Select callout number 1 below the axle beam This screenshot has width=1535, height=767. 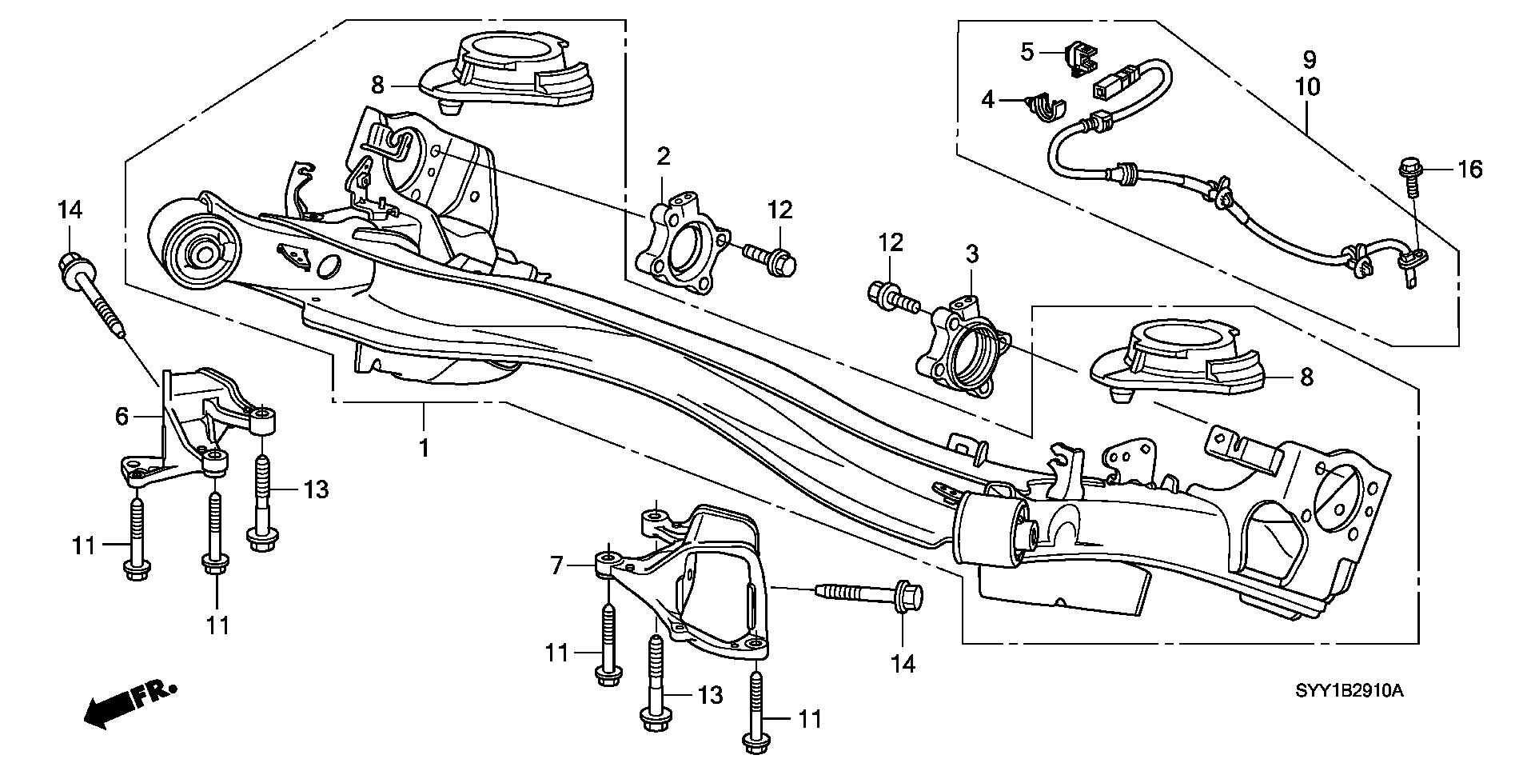425,447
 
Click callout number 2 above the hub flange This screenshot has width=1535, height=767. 663,157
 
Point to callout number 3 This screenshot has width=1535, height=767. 971,255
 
